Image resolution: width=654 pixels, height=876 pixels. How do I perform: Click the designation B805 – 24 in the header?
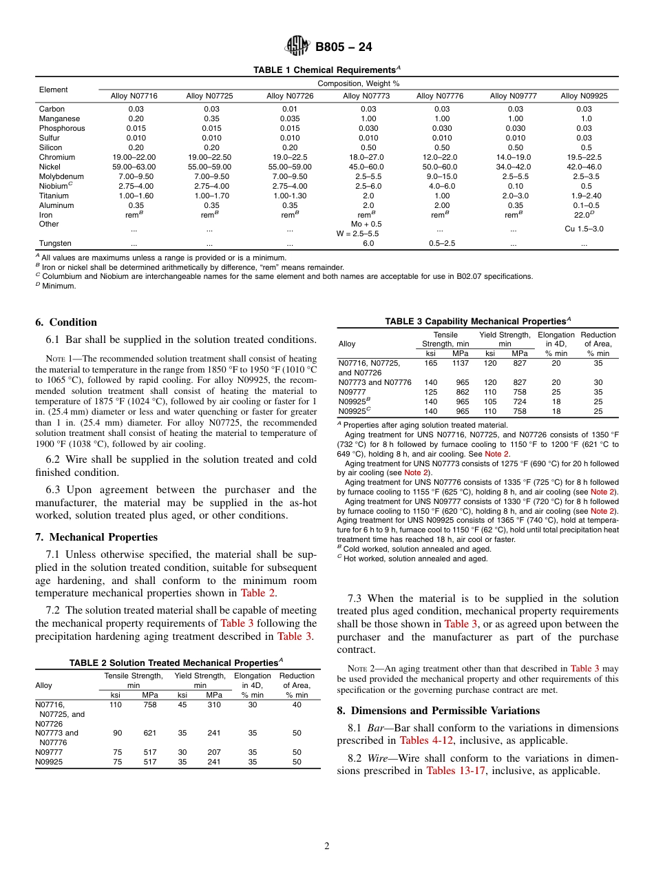pyautogui.click(x=344, y=48)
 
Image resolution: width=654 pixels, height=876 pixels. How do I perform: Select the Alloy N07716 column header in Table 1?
pyautogui.click(x=134, y=96)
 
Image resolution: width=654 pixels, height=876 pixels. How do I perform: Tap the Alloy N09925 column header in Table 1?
pyautogui.click(x=584, y=96)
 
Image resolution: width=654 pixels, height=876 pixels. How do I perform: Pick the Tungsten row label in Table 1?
pyautogui.click(x=55, y=243)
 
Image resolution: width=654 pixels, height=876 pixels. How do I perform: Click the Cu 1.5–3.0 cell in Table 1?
pyautogui.click(x=584, y=229)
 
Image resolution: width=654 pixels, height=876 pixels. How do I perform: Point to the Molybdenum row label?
pyautogui.click(x=61, y=176)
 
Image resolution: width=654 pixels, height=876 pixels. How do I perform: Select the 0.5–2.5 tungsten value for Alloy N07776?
pyautogui.click(x=442, y=243)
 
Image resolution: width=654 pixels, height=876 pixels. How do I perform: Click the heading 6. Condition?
pyautogui.click(x=66, y=322)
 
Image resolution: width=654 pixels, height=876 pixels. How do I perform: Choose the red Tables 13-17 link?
pyautogui.click(x=456, y=771)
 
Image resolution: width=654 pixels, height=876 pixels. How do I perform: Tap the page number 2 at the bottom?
pyautogui.click(x=327, y=846)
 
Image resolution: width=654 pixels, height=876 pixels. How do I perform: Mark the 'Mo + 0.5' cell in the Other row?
pyautogui.click(x=367, y=224)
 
